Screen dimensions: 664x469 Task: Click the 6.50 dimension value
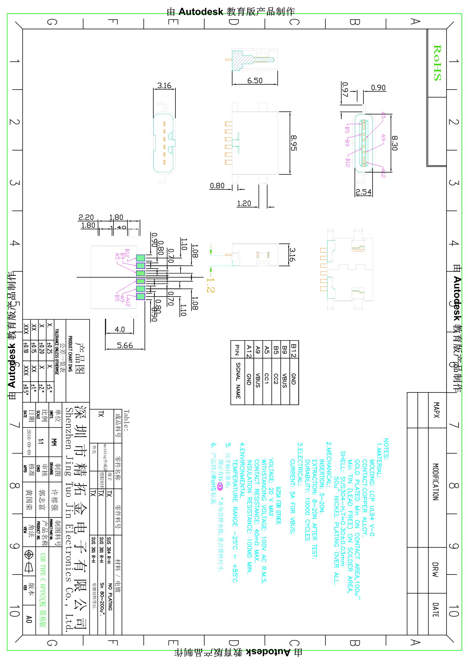coord(255,81)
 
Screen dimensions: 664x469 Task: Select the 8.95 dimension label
coord(294,143)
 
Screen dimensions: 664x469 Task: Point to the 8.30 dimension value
coord(395,143)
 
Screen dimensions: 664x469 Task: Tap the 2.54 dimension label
coord(363,192)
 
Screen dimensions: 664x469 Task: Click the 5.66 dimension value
coord(125,345)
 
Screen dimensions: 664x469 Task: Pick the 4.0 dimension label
coord(120,329)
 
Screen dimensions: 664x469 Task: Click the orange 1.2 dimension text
coord(211,285)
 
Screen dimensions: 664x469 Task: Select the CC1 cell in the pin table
coord(267,379)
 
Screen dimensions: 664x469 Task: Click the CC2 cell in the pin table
coord(276,379)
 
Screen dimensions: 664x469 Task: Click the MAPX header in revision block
coord(436,410)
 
